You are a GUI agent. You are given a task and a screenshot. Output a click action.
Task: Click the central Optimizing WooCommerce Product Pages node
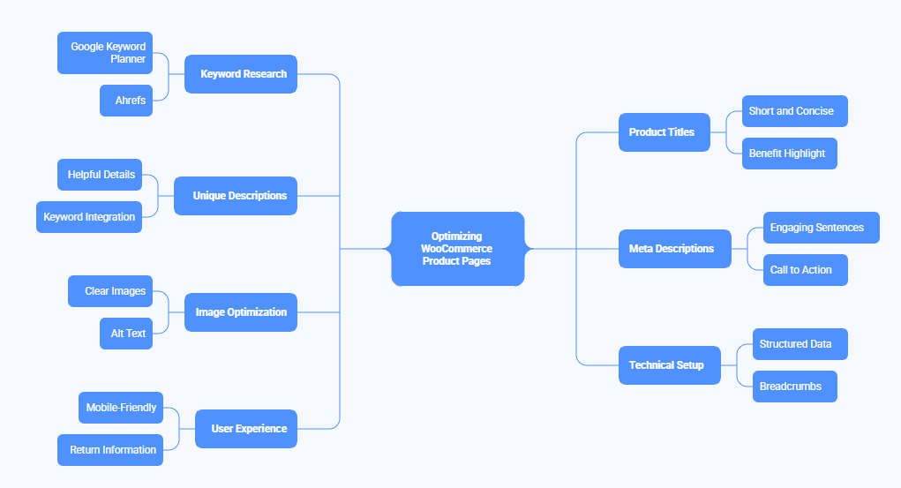(457, 249)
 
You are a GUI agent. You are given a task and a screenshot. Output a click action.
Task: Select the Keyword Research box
(241, 74)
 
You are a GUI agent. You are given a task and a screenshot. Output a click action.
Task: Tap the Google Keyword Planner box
(105, 53)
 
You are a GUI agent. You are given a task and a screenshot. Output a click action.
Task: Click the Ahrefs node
(126, 101)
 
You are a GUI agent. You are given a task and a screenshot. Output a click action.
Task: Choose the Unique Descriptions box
(236, 196)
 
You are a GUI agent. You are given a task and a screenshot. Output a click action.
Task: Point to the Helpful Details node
(100, 175)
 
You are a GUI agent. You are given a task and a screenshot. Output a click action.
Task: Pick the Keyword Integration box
(89, 217)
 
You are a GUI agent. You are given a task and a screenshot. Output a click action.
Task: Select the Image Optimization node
(241, 312)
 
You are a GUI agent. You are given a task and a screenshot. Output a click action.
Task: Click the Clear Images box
(110, 291)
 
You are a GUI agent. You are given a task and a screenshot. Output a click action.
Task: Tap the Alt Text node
(126, 334)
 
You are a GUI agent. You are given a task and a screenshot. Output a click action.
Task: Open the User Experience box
(246, 429)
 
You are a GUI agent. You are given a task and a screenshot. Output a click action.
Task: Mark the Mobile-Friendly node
(121, 408)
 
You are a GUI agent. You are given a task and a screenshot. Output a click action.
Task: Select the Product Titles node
(664, 132)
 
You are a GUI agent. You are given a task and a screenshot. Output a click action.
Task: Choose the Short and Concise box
(794, 111)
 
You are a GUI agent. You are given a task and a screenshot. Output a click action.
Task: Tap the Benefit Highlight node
(789, 154)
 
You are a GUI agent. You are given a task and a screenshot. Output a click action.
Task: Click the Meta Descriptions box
(674, 249)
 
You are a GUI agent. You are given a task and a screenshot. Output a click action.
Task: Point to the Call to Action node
(805, 270)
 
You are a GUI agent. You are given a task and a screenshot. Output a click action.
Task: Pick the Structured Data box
(800, 344)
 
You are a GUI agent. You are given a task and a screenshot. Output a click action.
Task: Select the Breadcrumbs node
(794, 387)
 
